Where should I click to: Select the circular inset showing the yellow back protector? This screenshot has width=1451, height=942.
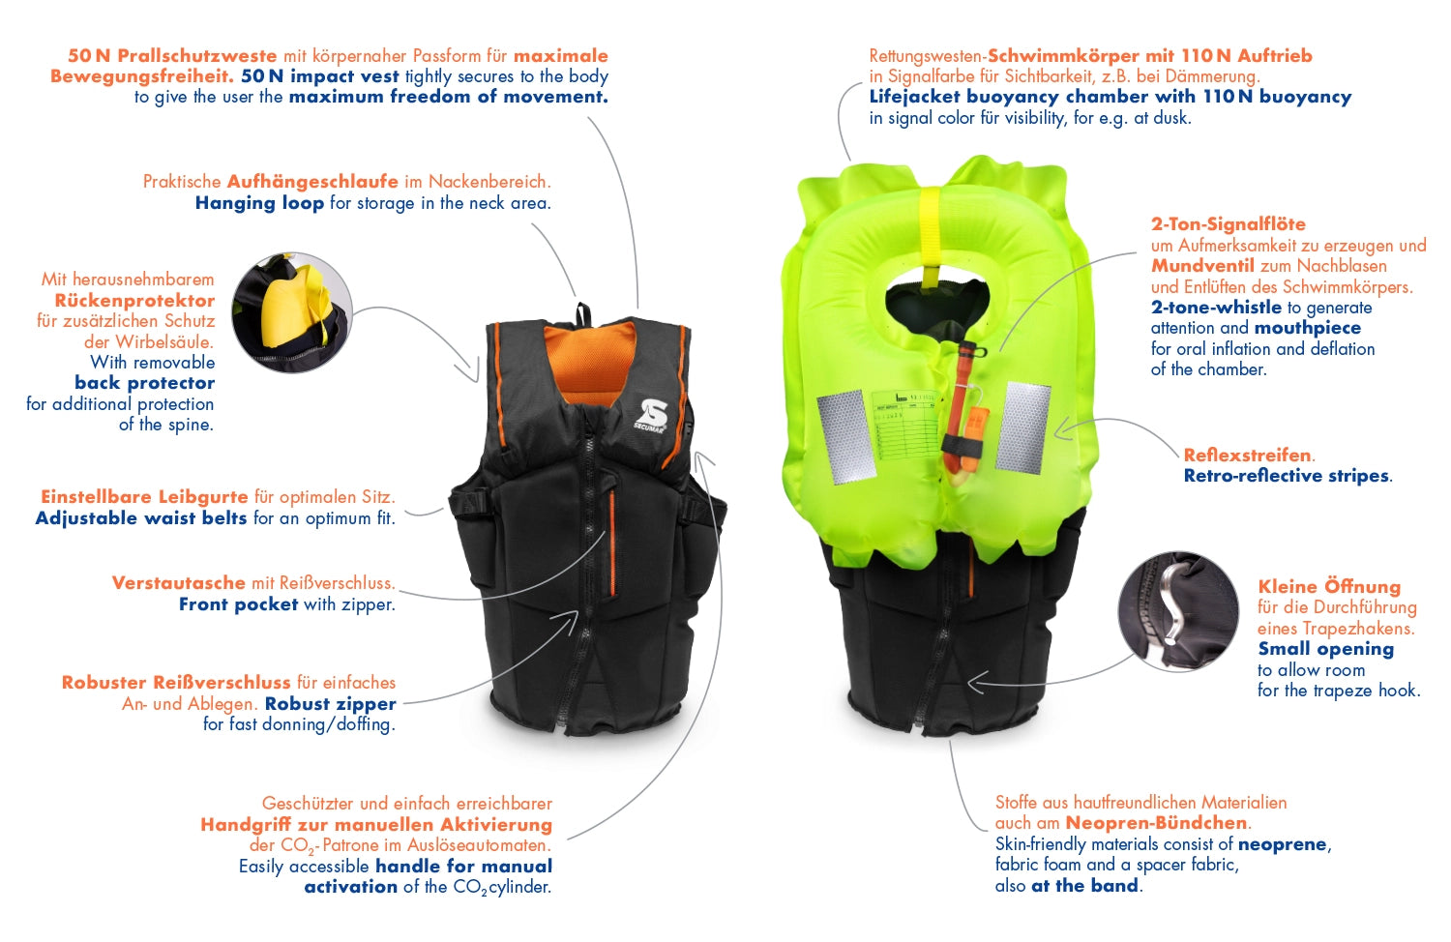(x=292, y=312)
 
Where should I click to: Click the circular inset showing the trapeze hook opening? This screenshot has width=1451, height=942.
(x=1178, y=613)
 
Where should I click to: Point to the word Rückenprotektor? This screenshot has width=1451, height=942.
(x=134, y=300)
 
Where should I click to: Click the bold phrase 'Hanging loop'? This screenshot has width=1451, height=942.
(x=259, y=203)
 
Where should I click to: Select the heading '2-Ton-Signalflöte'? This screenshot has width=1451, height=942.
(x=1228, y=224)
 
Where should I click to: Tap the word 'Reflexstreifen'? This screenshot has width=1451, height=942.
(x=1247, y=455)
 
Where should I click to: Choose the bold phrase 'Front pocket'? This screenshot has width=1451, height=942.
(x=238, y=604)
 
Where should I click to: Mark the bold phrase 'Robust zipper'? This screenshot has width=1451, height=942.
(x=330, y=703)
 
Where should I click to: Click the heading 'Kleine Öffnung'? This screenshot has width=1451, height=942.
(x=1328, y=586)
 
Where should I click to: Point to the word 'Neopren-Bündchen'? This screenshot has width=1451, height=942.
(x=1156, y=823)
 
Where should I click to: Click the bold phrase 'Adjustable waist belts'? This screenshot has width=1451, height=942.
(x=141, y=518)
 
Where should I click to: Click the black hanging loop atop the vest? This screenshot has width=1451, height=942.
(x=583, y=315)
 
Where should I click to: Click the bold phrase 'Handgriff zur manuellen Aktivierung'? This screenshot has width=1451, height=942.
(x=376, y=825)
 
